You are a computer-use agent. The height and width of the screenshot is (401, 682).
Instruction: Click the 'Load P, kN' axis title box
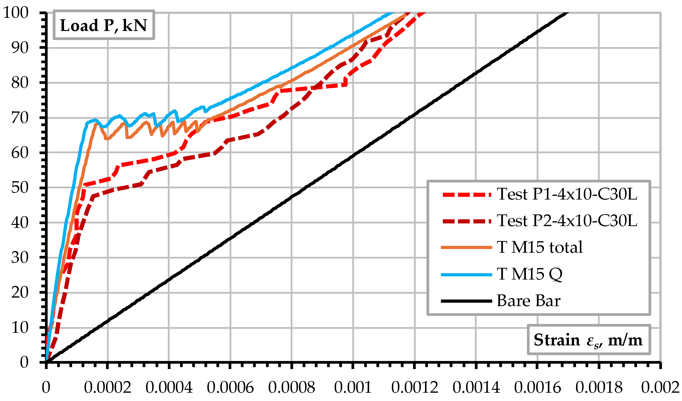[x=104, y=25]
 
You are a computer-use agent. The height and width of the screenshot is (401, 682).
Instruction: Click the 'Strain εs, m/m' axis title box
[x=588, y=340]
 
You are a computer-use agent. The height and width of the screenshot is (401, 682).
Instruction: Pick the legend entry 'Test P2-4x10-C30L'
[x=567, y=221]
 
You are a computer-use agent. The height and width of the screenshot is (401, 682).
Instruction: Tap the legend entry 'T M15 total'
[x=540, y=247]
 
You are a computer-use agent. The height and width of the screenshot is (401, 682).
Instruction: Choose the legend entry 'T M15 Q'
[x=529, y=274]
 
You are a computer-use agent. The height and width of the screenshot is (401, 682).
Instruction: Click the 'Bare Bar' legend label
[x=529, y=301]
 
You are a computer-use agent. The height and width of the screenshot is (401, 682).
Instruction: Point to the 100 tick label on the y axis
[x=16, y=12]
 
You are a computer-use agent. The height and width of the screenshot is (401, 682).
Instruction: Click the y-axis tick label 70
[x=20, y=118]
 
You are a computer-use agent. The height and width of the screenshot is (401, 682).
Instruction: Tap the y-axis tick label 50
[x=20, y=188]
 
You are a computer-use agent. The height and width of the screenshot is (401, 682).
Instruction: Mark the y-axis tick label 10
[x=20, y=328]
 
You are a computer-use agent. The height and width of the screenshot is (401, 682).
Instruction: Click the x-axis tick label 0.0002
[x=107, y=388]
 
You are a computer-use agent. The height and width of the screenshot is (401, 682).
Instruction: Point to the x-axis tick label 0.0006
[x=230, y=388]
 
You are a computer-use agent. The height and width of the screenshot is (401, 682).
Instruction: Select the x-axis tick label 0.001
[x=353, y=388]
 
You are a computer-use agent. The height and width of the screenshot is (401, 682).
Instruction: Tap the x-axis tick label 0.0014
[x=476, y=388]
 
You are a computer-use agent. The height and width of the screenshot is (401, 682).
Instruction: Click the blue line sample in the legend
[x=466, y=275]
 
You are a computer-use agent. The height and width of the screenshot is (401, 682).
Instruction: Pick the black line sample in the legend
[x=466, y=301]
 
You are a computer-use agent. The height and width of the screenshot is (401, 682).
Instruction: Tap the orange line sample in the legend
[x=466, y=247]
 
